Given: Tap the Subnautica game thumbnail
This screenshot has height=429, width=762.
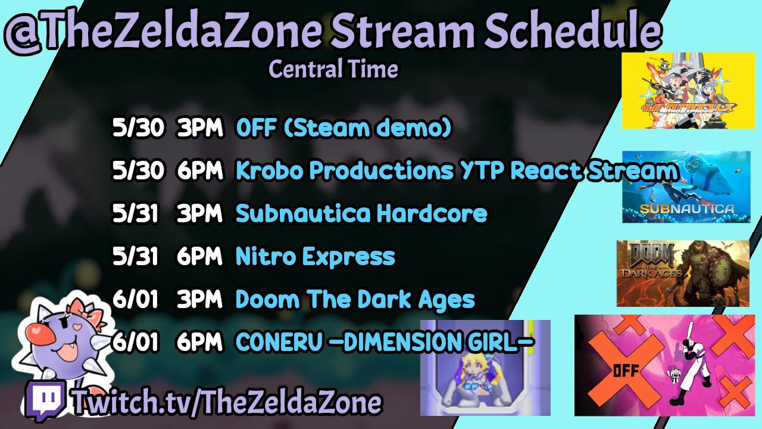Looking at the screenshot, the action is (x=686, y=187).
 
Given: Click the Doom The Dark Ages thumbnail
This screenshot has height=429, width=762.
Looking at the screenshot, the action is (x=683, y=273).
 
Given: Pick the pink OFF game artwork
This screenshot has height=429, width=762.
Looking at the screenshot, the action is (x=665, y=365).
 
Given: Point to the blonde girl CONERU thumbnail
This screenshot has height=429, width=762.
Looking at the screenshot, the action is (x=485, y=368).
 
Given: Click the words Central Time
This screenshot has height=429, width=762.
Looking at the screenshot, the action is (x=333, y=69).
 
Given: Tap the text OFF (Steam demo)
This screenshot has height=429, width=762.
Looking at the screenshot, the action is (x=344, y=128).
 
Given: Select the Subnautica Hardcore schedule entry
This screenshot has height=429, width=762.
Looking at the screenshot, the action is (x=361, y=213).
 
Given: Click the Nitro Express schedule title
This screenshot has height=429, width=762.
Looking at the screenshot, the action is (x=316, y=256).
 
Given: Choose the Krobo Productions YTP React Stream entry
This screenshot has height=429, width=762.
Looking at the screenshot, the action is (x=457, y=170).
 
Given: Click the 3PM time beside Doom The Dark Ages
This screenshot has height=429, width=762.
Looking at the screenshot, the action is (x=199, y=299).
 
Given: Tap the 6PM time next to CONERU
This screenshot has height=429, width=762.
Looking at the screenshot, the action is (x=199, y=342).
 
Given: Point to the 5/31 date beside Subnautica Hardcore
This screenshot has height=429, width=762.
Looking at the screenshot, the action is (x=135, y=213).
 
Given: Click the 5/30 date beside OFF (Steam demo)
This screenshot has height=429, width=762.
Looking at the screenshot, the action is (x=138, y=128).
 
